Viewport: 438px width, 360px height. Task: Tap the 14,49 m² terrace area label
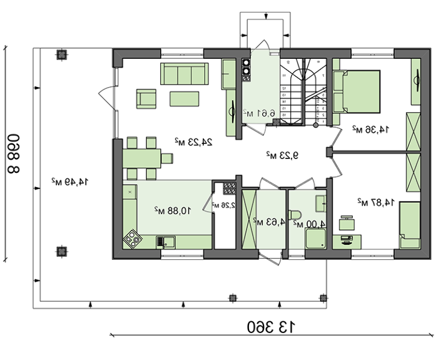(x=70, y=182)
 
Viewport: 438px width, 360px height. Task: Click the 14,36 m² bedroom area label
(x=370, y=129)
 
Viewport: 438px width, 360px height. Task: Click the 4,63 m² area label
(x=266, y=220)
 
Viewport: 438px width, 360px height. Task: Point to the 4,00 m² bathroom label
(x=313, y=223)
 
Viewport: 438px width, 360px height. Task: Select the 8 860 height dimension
(x=14, y=152)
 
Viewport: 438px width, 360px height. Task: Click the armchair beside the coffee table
(x=146, y=98)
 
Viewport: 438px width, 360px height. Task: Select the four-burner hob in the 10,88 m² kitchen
(x=133, y=238)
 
